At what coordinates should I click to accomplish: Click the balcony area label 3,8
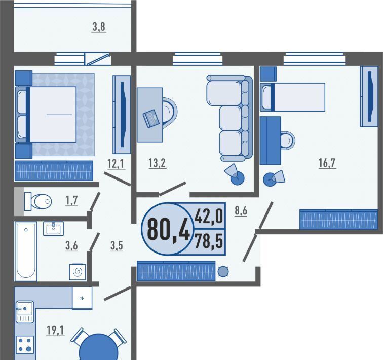pyautogui.click(x=99, y=27)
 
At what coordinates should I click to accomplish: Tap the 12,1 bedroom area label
pyautogui.click(x=117, y=163)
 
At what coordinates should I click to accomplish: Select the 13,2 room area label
pyautogui.click(x=157, y=163)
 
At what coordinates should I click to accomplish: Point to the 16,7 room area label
pyautogui.click(x=327, y=163)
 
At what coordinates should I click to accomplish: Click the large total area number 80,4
pyautogui.click(x=168, y=230)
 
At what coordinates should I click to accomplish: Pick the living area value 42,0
pyautogui.click(x=209, y=217)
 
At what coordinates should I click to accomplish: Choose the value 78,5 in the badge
pyautogui.click(x=209, y=241)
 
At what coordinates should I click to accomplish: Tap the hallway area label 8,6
pyautogui.click(x=241, y=210)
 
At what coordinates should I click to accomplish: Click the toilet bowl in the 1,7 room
pyautogui.click(x=38, y=201)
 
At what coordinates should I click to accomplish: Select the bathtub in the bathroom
pyautogui.click(x=26, y=251)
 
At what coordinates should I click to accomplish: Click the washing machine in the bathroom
pyautogui.click(x=78, y=272)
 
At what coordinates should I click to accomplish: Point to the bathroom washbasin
pyautogui.click(x=53, y=229)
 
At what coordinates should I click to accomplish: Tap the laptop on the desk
pyautogui.click(x=151, y=119)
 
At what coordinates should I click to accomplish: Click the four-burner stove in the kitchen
pyautogui.click(x=25, y=345)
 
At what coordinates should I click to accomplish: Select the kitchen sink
pyautogui.click(x=25, y=312)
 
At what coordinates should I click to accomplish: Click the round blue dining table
pyautogui.click(x=98, y=347)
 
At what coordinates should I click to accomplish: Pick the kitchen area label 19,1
pyautogui.click(x=55, y=330)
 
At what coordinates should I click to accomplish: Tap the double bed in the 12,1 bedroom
pyautogui.click(x=46, y=115)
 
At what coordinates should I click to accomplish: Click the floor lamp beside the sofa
pyautogui.click(x=235, y=174)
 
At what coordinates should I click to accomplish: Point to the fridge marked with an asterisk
pyautogui.click(x=82, y=298)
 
